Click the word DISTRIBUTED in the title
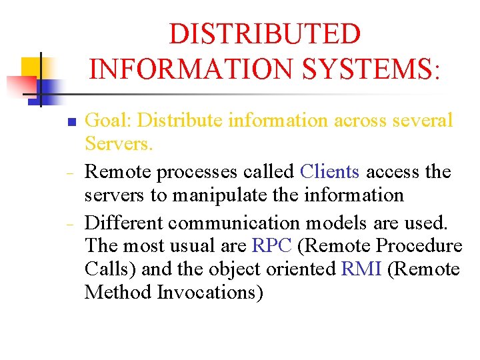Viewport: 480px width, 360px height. (x=265, y=34)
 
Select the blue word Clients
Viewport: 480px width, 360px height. (x=330, y=171)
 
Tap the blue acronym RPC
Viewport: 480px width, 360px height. (x=272, y=245)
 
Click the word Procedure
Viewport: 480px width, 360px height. (x=419, y=245)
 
